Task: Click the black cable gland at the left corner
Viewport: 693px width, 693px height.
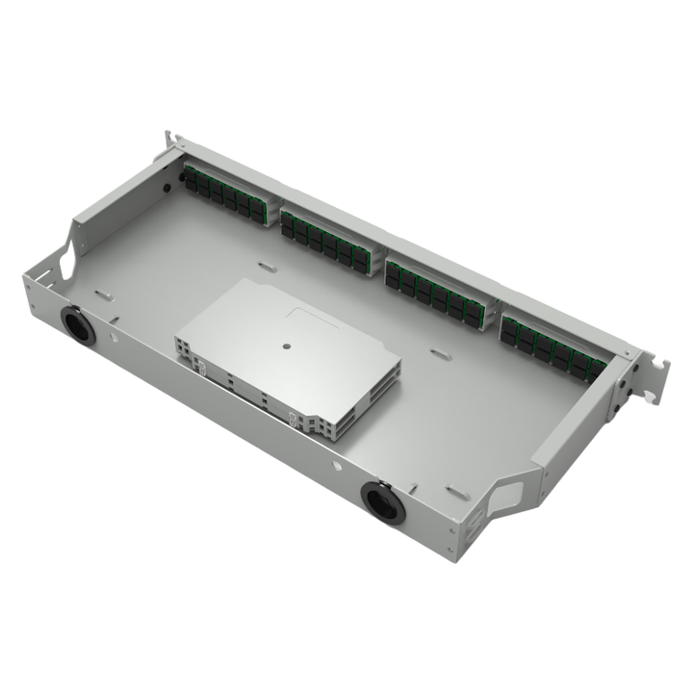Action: pyautogui.click(x=77, y=324)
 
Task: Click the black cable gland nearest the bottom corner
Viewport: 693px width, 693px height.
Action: pyautogui.click(x=382, y=501)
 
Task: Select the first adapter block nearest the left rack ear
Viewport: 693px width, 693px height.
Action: pyautogui.click(x=224, y=193)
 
